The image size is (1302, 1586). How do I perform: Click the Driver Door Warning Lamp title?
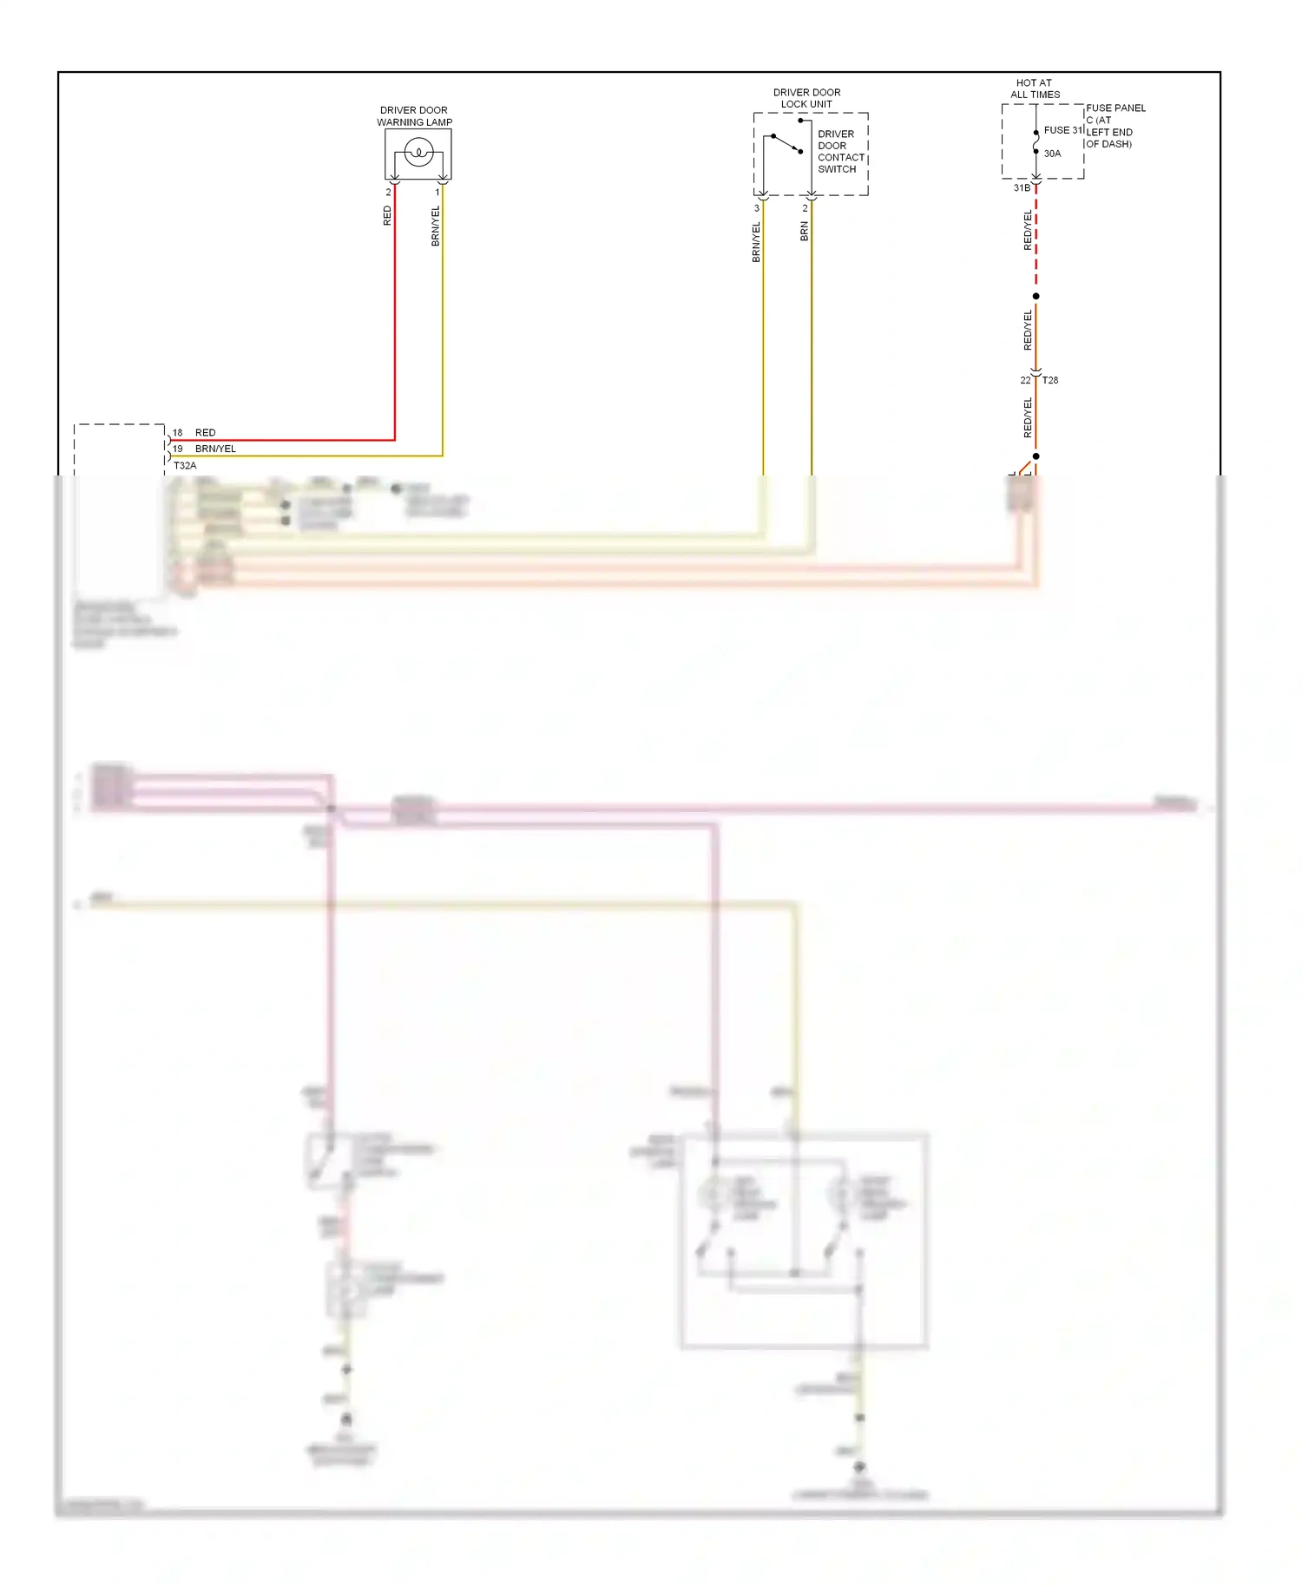[x=414, y=116]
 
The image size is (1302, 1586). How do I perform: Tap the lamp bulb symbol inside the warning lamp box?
[x=418, y=153]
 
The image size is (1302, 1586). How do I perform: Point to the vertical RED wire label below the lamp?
[x=387, y=216]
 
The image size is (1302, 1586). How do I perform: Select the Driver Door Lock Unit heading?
[x=806, y=98]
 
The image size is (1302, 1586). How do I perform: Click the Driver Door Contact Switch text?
[x=840, y=152]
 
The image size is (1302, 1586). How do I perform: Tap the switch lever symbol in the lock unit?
[x=786, y=143]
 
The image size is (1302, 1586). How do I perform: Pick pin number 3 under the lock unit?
[x=757, y=208]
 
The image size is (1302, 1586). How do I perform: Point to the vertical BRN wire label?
[x=805, y=231]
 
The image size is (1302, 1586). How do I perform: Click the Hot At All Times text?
[x=1035, y=88]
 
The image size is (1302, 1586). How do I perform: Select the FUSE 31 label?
[x=1062, y=130]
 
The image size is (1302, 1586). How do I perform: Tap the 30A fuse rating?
[x=1052, y=154]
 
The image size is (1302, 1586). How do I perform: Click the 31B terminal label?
[x=1022, y=187]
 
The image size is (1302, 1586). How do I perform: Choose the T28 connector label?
[x=1050, y=380]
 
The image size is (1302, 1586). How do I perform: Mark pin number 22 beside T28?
[x=1025, y=380]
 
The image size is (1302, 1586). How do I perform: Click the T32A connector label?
[x=185, y=466]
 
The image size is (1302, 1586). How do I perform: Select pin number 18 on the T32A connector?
[x=177, y=432]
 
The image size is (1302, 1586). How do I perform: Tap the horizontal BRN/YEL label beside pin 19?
[x=215, y=449]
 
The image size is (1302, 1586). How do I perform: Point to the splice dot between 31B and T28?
[x=1036, y=296]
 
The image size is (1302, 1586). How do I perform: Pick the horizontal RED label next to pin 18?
[x=205, y=432]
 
